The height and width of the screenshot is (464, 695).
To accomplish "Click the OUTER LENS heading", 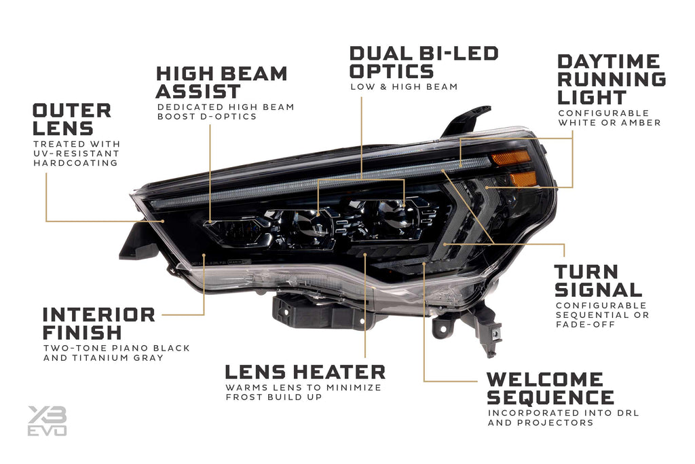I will [x=72, y=119].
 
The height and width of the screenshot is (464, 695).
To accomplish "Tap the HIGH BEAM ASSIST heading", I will [x=221, y=82].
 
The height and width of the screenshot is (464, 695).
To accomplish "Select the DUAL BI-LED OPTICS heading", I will [x=424, y=62].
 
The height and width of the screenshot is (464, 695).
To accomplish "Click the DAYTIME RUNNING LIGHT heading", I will [x=611, y=79].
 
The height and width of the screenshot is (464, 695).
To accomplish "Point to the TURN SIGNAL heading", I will [x=598, y=281].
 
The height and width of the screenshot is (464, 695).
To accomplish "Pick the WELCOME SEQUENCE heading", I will [x=550, y=388].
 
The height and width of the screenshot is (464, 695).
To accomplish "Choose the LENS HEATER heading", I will [x=305, y=372].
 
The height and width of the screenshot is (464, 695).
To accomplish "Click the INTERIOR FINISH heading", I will [x=98, y=323].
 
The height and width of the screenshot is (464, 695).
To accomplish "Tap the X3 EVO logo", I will [x=47, y=421].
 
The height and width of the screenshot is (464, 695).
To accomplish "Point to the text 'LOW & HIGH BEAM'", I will [x=404, y=87].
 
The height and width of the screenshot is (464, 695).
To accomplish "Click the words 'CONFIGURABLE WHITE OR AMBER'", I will [x=609, y=118].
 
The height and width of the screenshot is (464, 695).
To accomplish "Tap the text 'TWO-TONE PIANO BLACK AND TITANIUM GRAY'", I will [x=116, y=353].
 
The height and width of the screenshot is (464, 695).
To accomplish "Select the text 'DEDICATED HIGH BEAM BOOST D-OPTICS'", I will [x=225, y=111].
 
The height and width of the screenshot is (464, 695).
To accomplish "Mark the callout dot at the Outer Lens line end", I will [x=164, y=221].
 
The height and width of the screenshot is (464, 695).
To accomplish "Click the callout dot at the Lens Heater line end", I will [x=365, y=254].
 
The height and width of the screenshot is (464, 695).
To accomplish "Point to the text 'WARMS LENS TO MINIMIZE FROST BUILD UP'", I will [x=303, y=392].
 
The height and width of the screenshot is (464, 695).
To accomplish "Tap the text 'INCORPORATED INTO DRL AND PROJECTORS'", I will [x=563, y=418].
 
